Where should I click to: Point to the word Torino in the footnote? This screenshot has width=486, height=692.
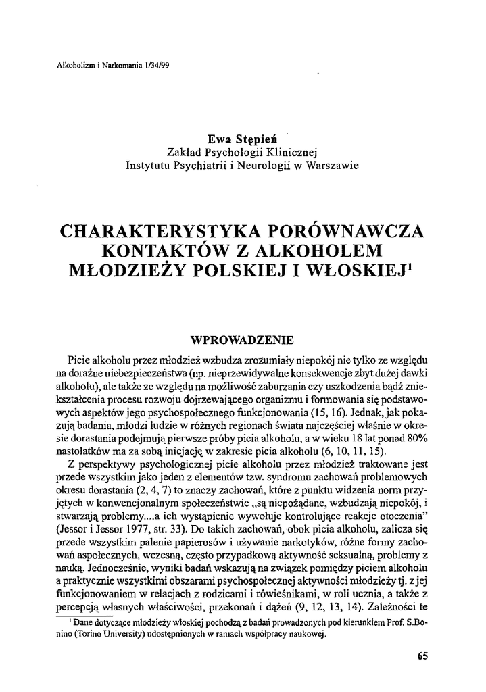click(x=86, y=633)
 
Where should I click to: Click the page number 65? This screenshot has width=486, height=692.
click(x=423, y=656)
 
